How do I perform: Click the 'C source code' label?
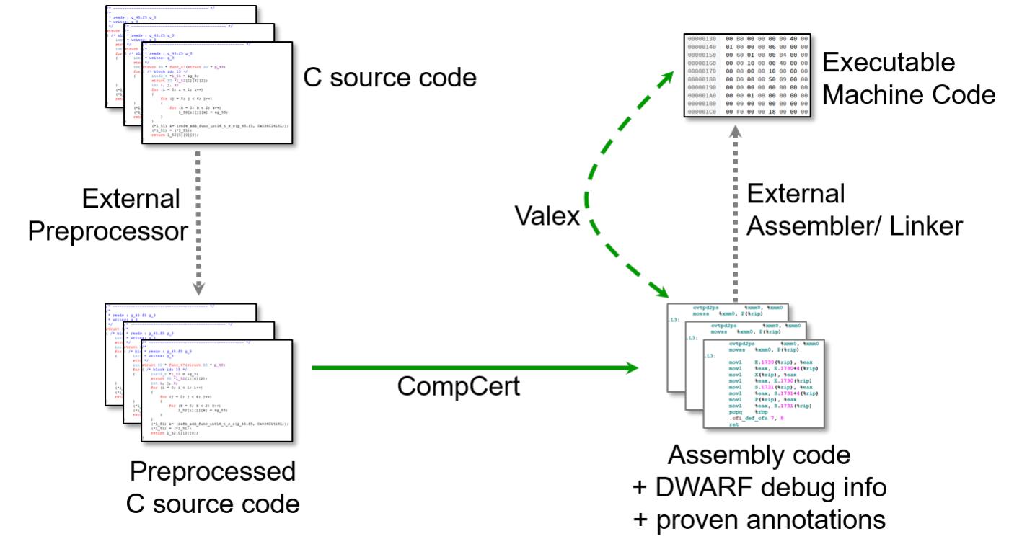[x=389, y=77]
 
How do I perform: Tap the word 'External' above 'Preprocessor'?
[x=131, y=199]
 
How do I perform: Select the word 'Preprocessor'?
[x=119, y=231]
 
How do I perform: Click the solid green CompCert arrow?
[x=476, y=368]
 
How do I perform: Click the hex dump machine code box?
[x=747, y=76]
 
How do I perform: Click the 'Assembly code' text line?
[x=759, y=455]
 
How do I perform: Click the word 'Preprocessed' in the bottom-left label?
[x=213, y=472]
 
